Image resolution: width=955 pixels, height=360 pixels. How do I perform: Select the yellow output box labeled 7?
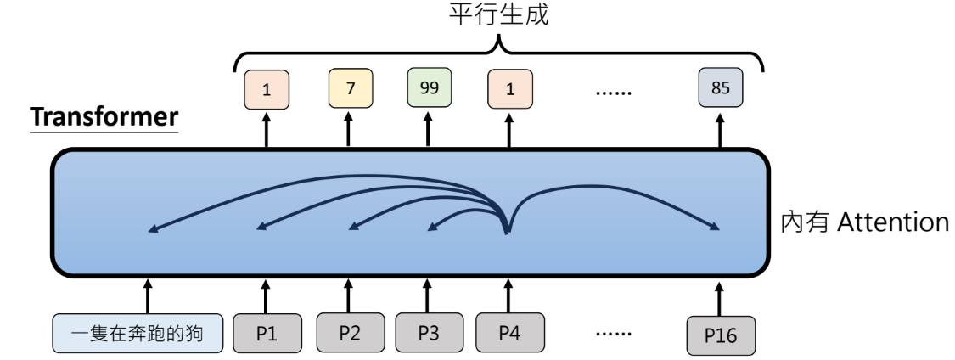pyautogui.click(x=348, y=88)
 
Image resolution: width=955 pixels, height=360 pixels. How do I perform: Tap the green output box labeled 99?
pyautogui.click(x=429, y=87)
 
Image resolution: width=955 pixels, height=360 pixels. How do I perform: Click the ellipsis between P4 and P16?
pyautogui.click(x=609, y=330)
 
